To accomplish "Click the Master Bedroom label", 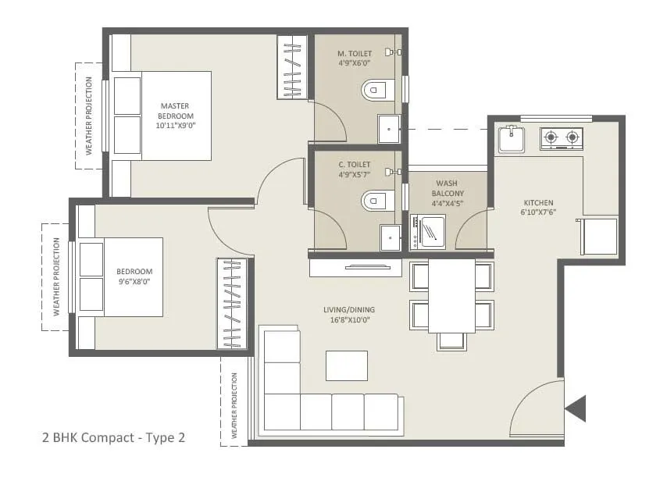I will click(175, 116).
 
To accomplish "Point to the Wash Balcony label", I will click(448, 193).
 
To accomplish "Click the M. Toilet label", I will click(355, 59).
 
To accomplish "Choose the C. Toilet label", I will click(355, 169).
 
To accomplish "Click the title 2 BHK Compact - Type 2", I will click(113, 438).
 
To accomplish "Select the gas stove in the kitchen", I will click(562, 138).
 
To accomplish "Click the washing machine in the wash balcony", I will click(428, 232).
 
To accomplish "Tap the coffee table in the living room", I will click(347, 365).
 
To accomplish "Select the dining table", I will click(451, 295).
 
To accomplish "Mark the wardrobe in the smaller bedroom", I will click(232, 303).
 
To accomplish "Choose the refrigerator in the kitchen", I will click(599, 236).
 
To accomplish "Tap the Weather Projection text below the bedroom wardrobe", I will click(235, 405).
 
